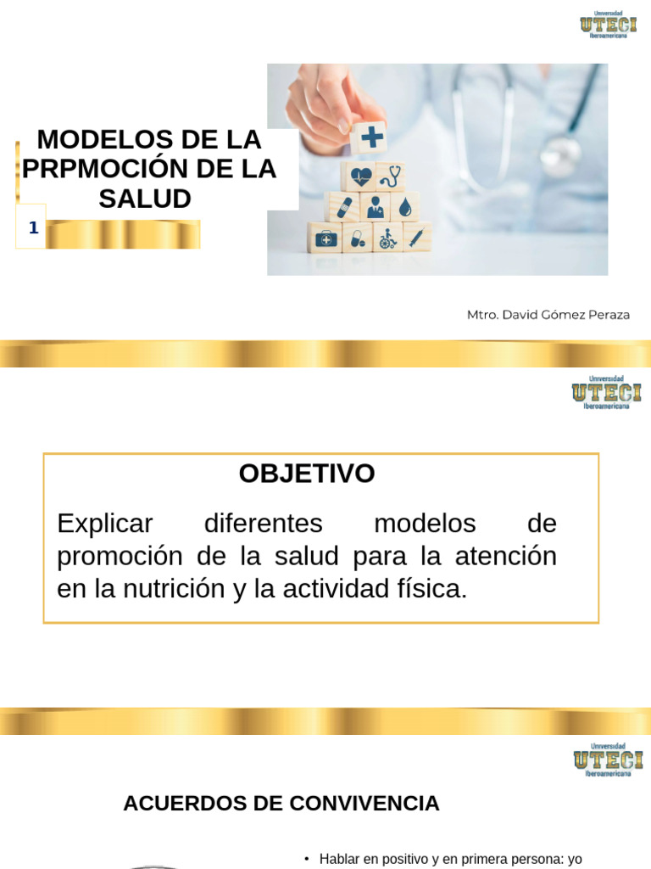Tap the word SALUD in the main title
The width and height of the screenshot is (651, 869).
[145, 199]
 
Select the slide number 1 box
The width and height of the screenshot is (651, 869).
[31, 227]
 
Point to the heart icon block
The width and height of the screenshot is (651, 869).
[359, 177]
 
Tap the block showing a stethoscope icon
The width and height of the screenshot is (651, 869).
[391, 177]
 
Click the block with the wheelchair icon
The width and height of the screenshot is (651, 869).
[387, 238]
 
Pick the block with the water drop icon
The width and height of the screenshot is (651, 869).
[404, 207]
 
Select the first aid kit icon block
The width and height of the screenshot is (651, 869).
[325, 238]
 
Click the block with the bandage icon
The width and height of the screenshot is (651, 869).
[343, 207]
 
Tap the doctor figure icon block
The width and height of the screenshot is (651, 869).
[376, 207]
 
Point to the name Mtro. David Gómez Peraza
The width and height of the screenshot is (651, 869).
[548, 315]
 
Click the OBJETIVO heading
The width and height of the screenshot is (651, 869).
[307, 474]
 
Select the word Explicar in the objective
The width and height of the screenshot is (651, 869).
[104, 524]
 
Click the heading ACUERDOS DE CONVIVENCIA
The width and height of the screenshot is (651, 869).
[281, 803]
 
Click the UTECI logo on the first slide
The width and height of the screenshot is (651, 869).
[609, 25]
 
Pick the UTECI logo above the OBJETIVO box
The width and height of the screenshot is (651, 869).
[607, 392]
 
